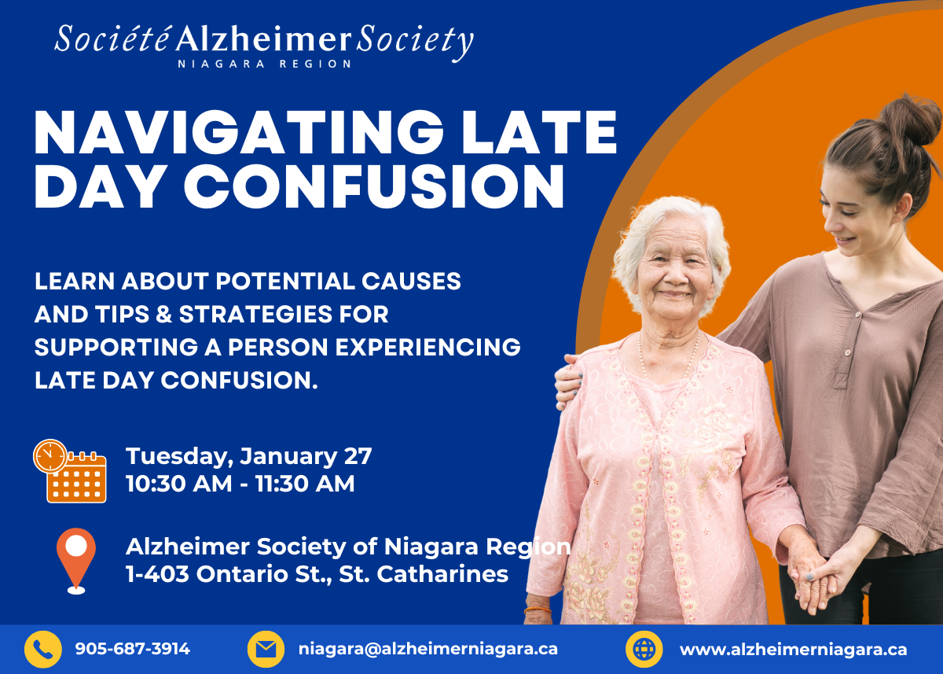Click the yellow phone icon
click(x=43, y=649)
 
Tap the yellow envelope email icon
click(x=266, y=649)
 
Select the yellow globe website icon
click(x=644, y=649)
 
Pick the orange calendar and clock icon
click(x=70, y=471)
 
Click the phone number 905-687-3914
click(x=133, y=649)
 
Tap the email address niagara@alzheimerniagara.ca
click(x=428, y=649)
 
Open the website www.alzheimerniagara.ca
click(x=793, y=650)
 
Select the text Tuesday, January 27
click(x=249, y=456)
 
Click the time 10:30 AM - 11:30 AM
click(x=240, y=483)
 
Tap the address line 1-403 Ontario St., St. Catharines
click(x=317, y=574)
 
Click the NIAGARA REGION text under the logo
click(x=264, y=64)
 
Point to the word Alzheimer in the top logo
click(x=263, y=39)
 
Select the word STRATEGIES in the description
click(x=256, y=315)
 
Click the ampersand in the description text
click(x=163, y=315)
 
